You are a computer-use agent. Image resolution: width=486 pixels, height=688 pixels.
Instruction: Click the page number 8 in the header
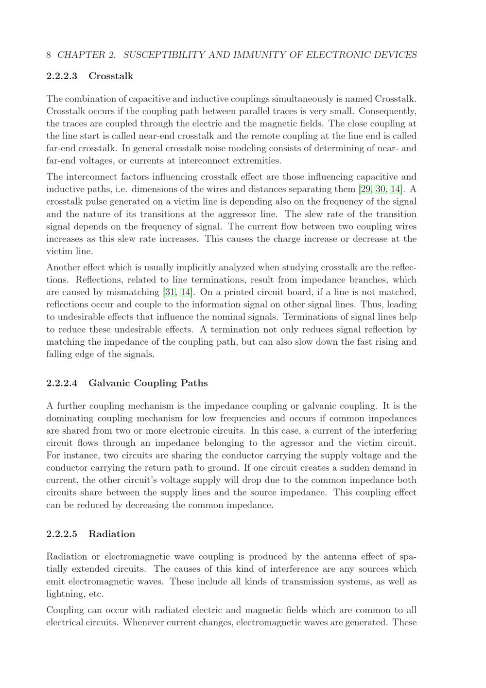point(49,55)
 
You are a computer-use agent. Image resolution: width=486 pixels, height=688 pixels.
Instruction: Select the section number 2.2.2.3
point(62,76)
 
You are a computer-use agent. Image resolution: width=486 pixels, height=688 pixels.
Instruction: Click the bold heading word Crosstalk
point(111,76)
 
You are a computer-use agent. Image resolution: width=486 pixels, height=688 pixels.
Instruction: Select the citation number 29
point(365,189)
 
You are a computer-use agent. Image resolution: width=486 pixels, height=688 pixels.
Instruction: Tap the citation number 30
point(380,189)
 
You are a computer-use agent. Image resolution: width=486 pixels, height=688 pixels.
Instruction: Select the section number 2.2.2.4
point(62,383)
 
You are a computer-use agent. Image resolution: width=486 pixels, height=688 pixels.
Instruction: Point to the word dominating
point(69,419)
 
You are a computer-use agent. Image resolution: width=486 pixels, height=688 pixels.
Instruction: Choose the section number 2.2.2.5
point(62,534)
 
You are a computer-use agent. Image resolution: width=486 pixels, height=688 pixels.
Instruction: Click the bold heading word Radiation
point(112,534)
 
